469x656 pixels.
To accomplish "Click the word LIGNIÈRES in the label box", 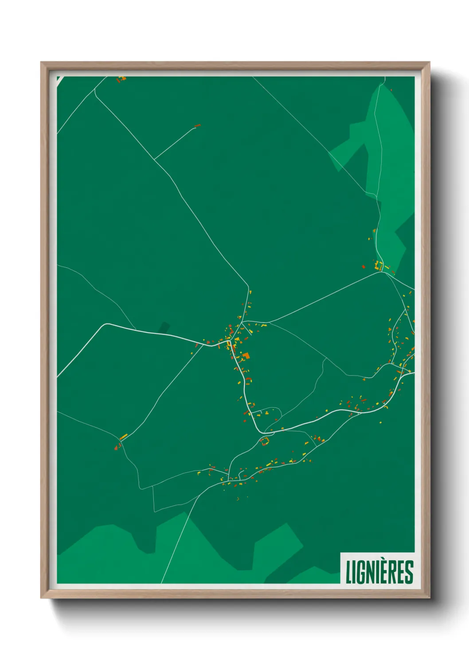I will point(379,572).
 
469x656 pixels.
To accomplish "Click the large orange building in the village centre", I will point(245,355).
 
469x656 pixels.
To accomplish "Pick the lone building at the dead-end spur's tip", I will point(197,125).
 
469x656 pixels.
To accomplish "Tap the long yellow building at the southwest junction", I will point(123,437).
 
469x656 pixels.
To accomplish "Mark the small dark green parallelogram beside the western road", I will point(164,328).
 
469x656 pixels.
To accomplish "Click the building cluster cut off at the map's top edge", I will point(121,79).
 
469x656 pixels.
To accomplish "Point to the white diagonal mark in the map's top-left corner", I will point(58,79).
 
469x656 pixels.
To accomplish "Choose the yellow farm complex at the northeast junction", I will point(379,266).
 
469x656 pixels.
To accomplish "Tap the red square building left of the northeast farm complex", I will point(363,267).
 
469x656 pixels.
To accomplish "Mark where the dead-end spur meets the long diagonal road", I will point(155,159).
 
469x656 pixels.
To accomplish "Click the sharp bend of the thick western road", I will point(105,324).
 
